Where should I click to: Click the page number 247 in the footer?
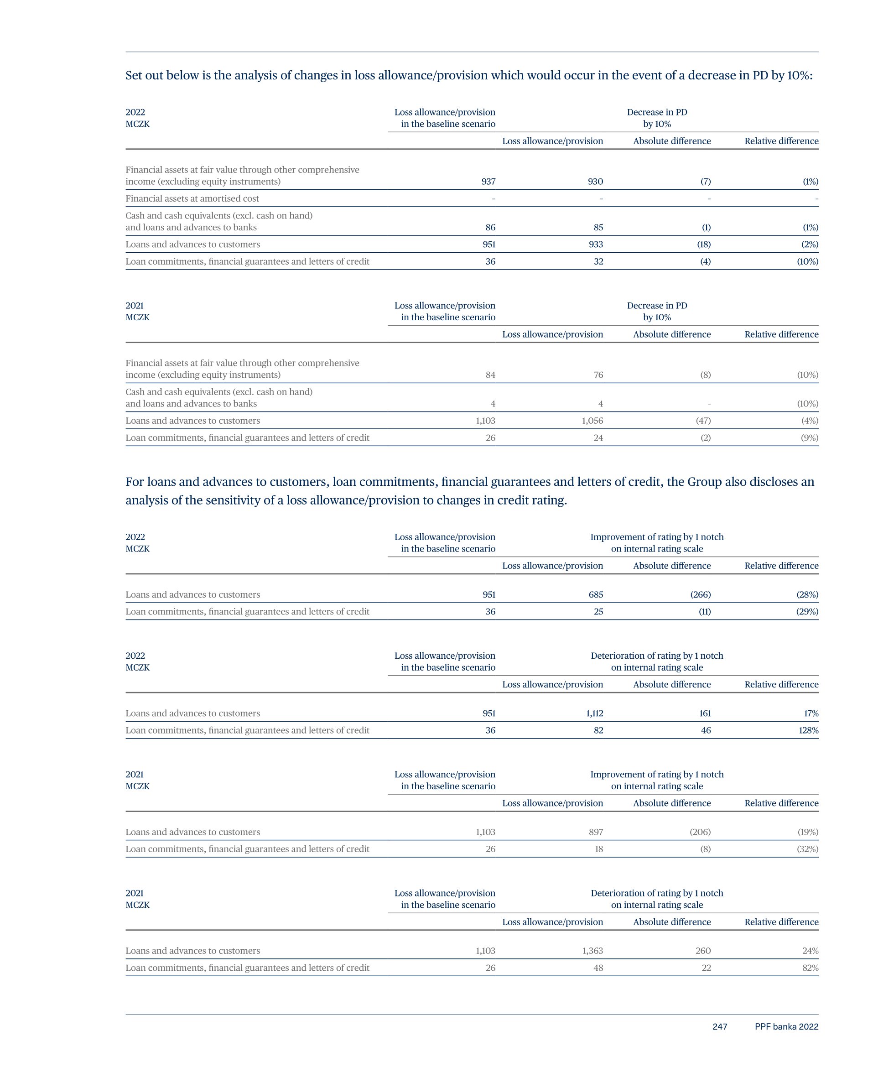coord(720,1026)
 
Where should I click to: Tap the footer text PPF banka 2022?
coord(786,1026)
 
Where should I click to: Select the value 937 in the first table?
coord(488,182)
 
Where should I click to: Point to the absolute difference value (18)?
coord(703,245)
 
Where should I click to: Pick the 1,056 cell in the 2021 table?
coord(592,420)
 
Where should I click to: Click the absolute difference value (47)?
coord(703,420)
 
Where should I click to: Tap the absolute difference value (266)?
coord(701,594)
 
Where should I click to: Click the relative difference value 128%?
coord(808,730)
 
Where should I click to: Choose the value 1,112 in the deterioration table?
coord(594,713)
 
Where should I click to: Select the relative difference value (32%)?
coord(808,849)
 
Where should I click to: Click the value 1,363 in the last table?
coord(592,950)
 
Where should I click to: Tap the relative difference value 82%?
coord(810,968)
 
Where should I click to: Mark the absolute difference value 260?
coord(703,950)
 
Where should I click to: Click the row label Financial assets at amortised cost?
coord(192,198)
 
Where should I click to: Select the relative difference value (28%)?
coord(807,594)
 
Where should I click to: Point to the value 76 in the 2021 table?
coord(598,375)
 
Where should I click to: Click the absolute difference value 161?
coord(705,713)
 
